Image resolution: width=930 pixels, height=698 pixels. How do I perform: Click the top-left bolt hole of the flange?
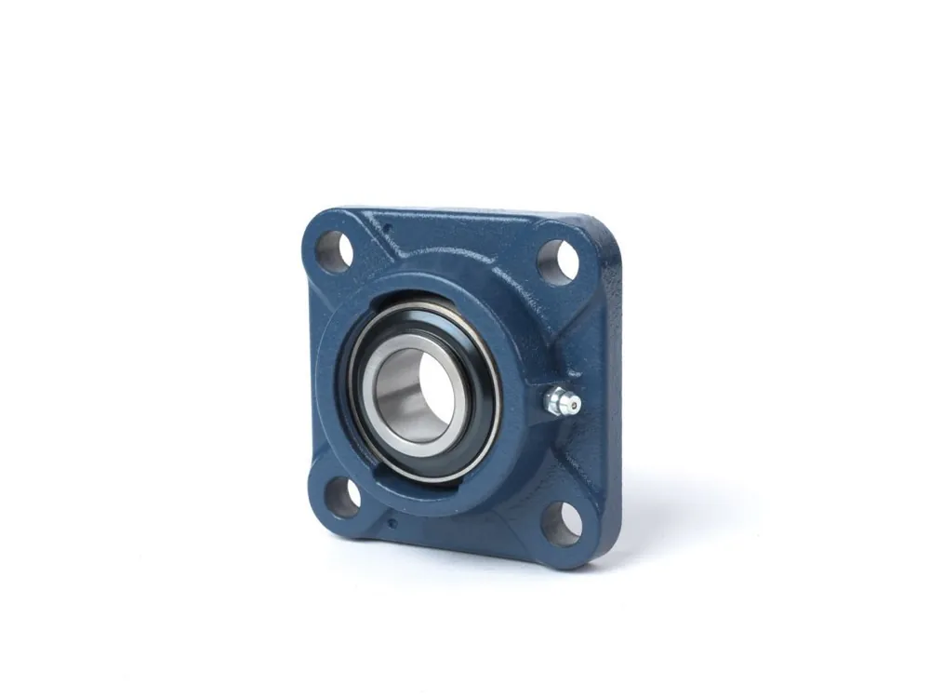335,251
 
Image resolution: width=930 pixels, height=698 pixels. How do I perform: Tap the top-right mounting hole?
557,262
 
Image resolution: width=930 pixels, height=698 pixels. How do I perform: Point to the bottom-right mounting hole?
562,523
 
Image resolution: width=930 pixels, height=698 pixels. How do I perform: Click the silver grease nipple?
562,401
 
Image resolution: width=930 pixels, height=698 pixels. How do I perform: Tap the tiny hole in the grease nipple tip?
575,404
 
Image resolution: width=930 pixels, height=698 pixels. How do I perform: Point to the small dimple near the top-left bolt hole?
389,228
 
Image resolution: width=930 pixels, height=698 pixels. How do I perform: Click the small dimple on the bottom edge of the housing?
392,523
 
